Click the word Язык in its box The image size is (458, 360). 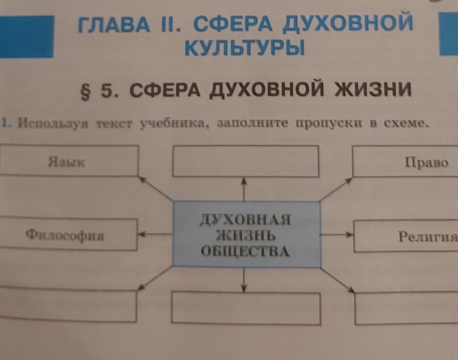tap(66, 162)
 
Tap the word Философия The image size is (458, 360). tap(65, 235)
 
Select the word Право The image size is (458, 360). tap(426, 163)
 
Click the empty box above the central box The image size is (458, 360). tap(246, 161)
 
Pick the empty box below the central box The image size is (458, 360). tap(246, 308)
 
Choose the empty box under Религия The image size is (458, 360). tap(406, 308)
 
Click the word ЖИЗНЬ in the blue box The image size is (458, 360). tap(246, 235)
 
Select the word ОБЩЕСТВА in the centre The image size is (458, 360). tap(246, 252)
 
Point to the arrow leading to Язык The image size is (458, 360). tap(155, 188)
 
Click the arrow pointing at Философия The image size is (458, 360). tap(155, 234)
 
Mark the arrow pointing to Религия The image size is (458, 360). tap(337, 234)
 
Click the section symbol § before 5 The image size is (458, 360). tap(85, 91)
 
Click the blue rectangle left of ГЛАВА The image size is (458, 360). tap(27, 36)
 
